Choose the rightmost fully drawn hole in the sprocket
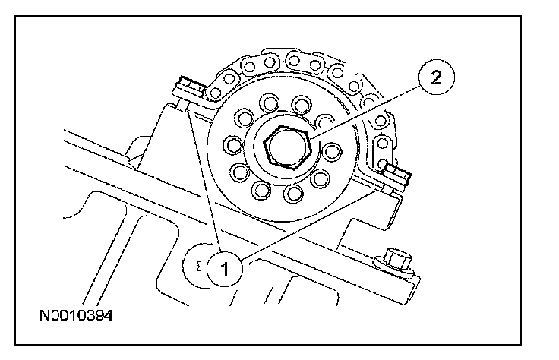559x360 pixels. tap(332, 150)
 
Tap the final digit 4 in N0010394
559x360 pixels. tap(109, 314)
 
